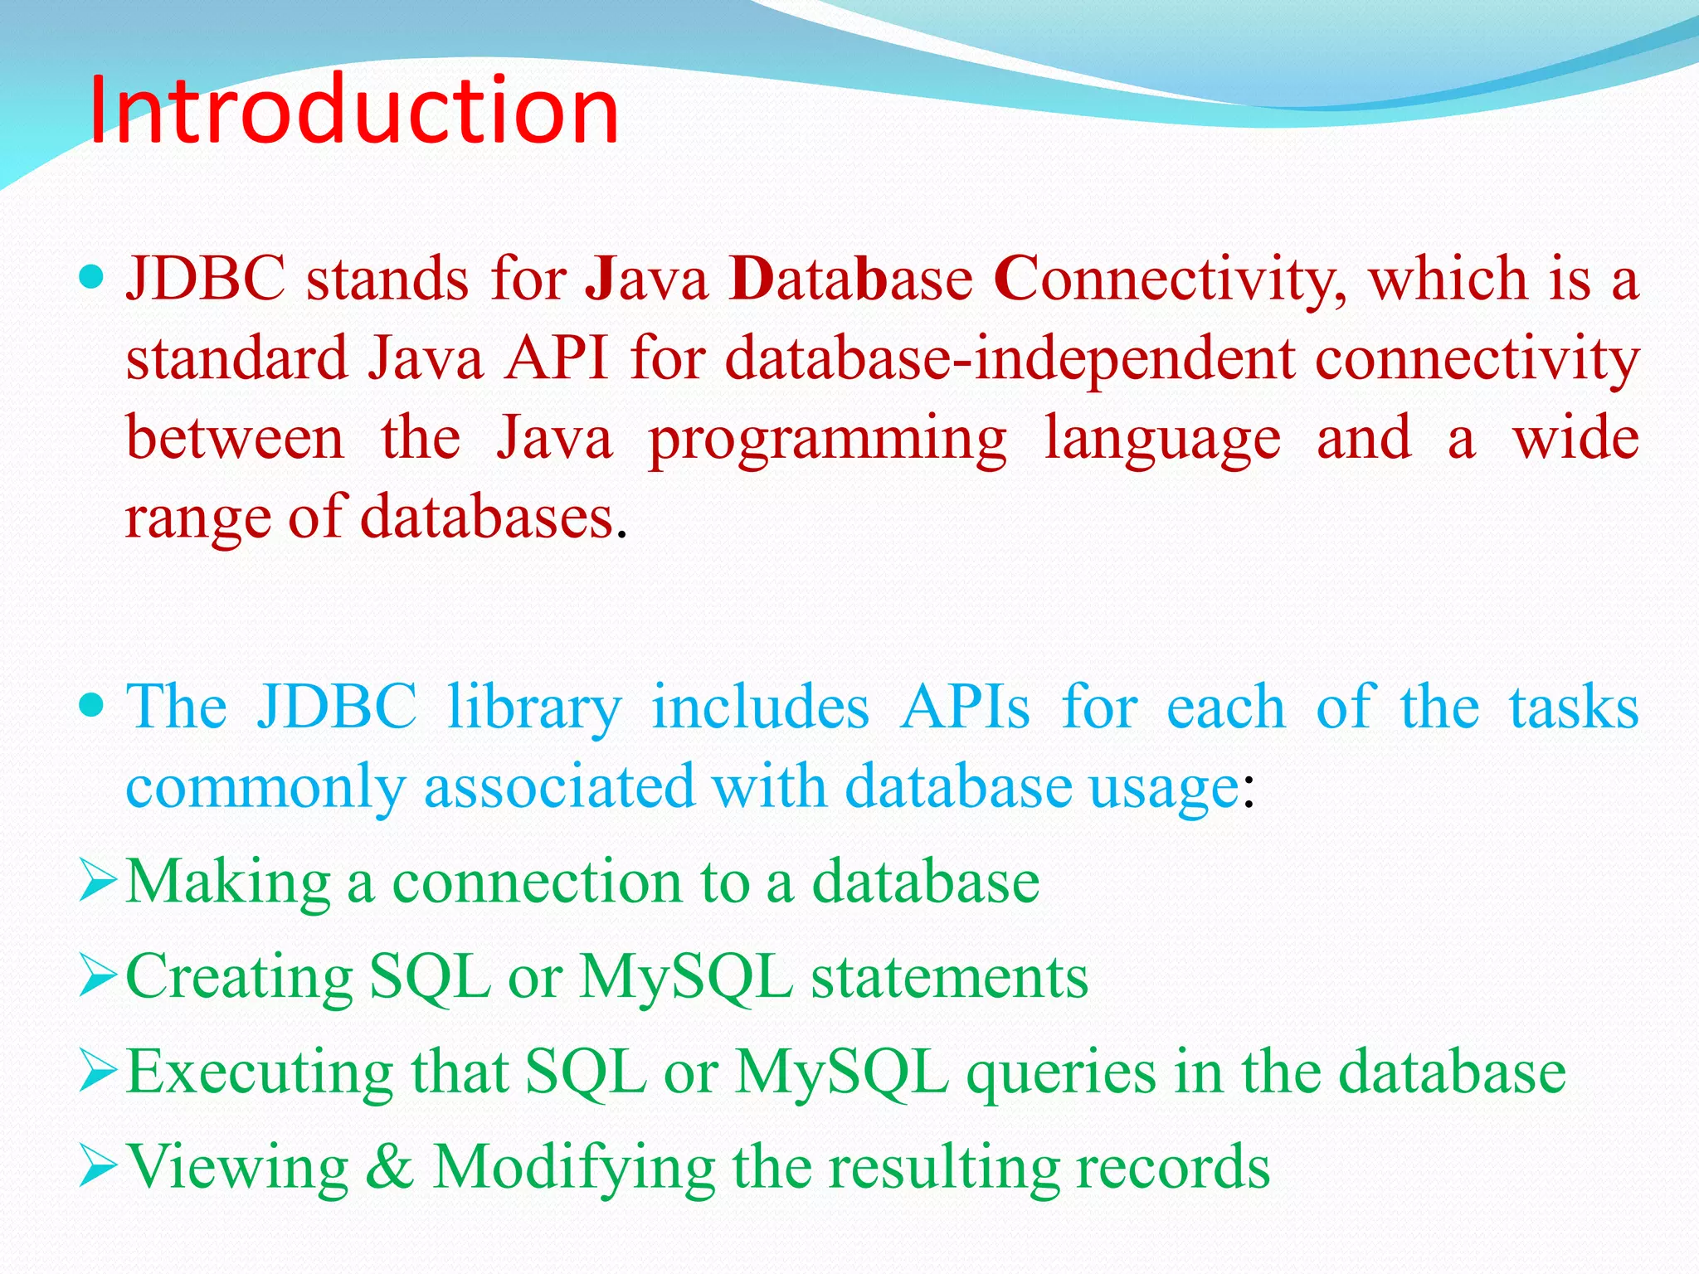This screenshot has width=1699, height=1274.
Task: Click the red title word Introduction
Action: tap(353, 110)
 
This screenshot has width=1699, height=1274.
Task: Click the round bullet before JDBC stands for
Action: tap(93, 276)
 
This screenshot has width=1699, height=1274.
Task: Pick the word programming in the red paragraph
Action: tap(827, 440)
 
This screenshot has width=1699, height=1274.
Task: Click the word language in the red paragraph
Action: tap(1162, 440)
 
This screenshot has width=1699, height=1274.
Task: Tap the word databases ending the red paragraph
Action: tap(487, 518)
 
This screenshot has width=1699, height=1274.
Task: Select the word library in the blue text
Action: tap(533, 708)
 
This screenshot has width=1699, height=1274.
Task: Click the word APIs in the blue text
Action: tap(965, 707)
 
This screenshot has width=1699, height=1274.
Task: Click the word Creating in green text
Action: tap(239, 977)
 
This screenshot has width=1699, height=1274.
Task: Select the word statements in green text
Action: tap(949, 977)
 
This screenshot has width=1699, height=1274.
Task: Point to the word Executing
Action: tap(259, 1073)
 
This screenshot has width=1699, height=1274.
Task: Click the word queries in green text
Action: tap(1061, 1073)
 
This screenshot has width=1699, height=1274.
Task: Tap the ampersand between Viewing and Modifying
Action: tap(389, 1166)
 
